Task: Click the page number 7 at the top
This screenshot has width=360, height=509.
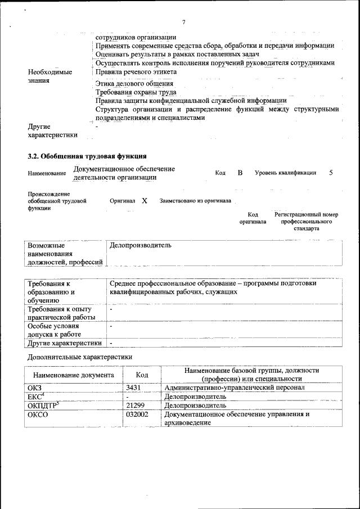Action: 183,22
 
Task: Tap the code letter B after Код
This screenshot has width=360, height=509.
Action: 240,173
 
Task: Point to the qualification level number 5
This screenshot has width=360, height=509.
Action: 331,173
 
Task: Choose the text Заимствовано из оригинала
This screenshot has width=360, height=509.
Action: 195,201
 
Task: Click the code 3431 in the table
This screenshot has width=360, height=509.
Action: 134,388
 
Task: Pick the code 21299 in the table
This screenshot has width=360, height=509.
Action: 136,405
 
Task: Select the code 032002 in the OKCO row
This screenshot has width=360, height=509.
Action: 137,414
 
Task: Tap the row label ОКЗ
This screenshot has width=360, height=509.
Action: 35,388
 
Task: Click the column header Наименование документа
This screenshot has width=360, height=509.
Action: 74,375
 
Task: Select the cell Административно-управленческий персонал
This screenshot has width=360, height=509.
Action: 234,388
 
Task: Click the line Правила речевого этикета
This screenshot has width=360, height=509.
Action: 136,72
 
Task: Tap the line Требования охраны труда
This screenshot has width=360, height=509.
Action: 136,92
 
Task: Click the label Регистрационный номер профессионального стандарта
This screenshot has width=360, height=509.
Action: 306,222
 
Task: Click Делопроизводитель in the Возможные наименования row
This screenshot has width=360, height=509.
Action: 140,245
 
